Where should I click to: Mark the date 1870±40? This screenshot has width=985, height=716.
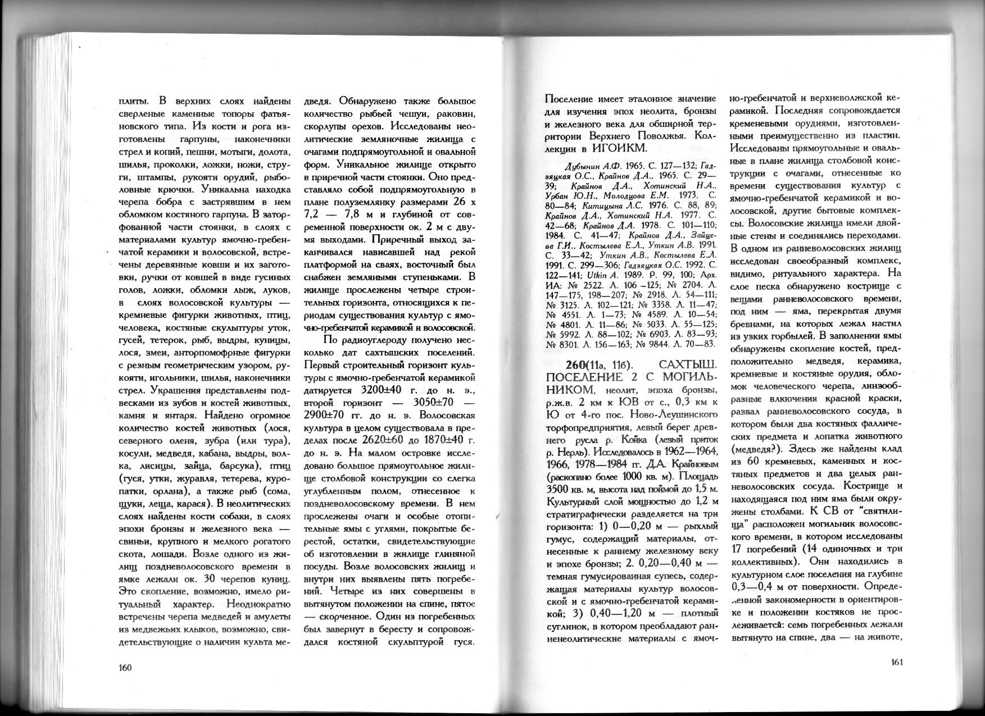click(450, 439)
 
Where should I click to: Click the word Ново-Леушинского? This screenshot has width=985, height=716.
click(672, 414)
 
